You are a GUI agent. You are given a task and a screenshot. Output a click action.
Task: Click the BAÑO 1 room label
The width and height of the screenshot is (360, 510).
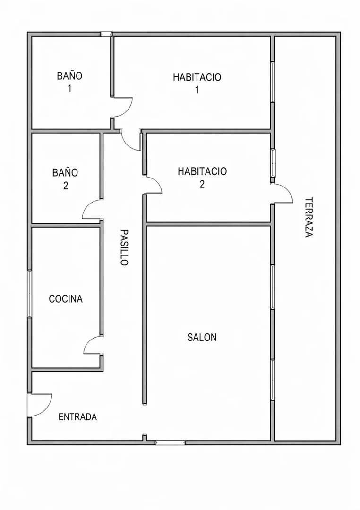(x=69, y=82)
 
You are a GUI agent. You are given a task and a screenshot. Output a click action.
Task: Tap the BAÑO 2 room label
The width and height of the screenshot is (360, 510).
(x=65, y=178)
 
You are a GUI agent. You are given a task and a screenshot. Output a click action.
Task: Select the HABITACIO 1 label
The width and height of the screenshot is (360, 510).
(x=197, y=83)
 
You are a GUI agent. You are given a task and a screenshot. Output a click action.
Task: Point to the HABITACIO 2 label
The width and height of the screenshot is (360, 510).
(x=202, y=178)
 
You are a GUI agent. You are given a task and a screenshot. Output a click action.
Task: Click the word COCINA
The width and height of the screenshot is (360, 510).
(x=65, y=299)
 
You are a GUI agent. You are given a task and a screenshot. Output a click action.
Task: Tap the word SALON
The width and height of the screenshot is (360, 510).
(x=202, y=337)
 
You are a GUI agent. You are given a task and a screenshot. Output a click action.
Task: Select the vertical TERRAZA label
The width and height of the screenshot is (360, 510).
(x=309, y=217)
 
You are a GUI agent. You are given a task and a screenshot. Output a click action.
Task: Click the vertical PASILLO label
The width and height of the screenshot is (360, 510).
(x=124, y=247)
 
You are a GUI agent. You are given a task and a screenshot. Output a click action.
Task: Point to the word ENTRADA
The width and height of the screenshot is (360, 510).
(x=77, y=417)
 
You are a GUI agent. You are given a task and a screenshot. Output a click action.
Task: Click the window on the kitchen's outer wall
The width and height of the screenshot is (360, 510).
(x=29, y=294)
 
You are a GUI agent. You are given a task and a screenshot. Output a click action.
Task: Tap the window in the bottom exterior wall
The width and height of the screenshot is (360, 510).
(x=170, y=442)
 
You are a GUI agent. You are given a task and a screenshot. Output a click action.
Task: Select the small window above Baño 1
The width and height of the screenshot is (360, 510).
(x=106, y=34)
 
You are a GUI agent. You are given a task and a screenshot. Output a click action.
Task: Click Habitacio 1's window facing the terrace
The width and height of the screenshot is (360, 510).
(x=273, y=82)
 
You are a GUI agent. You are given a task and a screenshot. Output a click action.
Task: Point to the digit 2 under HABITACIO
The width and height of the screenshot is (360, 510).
(x=202, y=185)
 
